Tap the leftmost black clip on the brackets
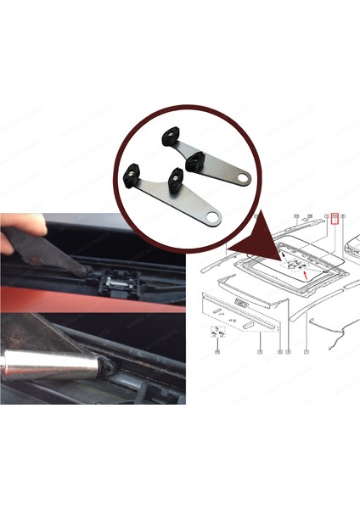click(x=132, y=175)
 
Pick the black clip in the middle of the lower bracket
click(x=176, y=176)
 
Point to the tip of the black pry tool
click(x=85, y=271)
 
